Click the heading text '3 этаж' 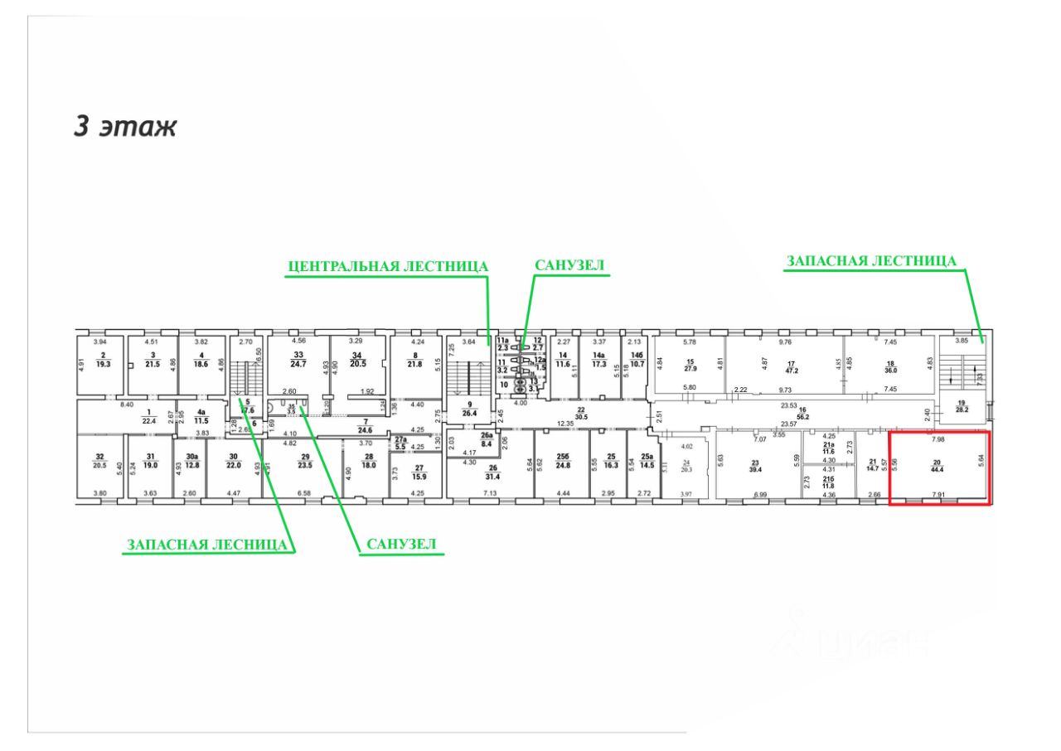tap(125, 127)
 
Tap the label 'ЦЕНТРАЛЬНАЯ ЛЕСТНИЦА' tap(387, 267)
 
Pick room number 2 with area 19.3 tap(104, 360)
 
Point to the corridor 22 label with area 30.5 tap(582, 413)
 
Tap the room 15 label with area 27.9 tap(690, 366)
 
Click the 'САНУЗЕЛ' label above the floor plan tap(569, 267)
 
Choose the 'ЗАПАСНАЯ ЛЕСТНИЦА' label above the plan tap(871, 261)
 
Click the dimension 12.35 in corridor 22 tap(564, 424)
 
